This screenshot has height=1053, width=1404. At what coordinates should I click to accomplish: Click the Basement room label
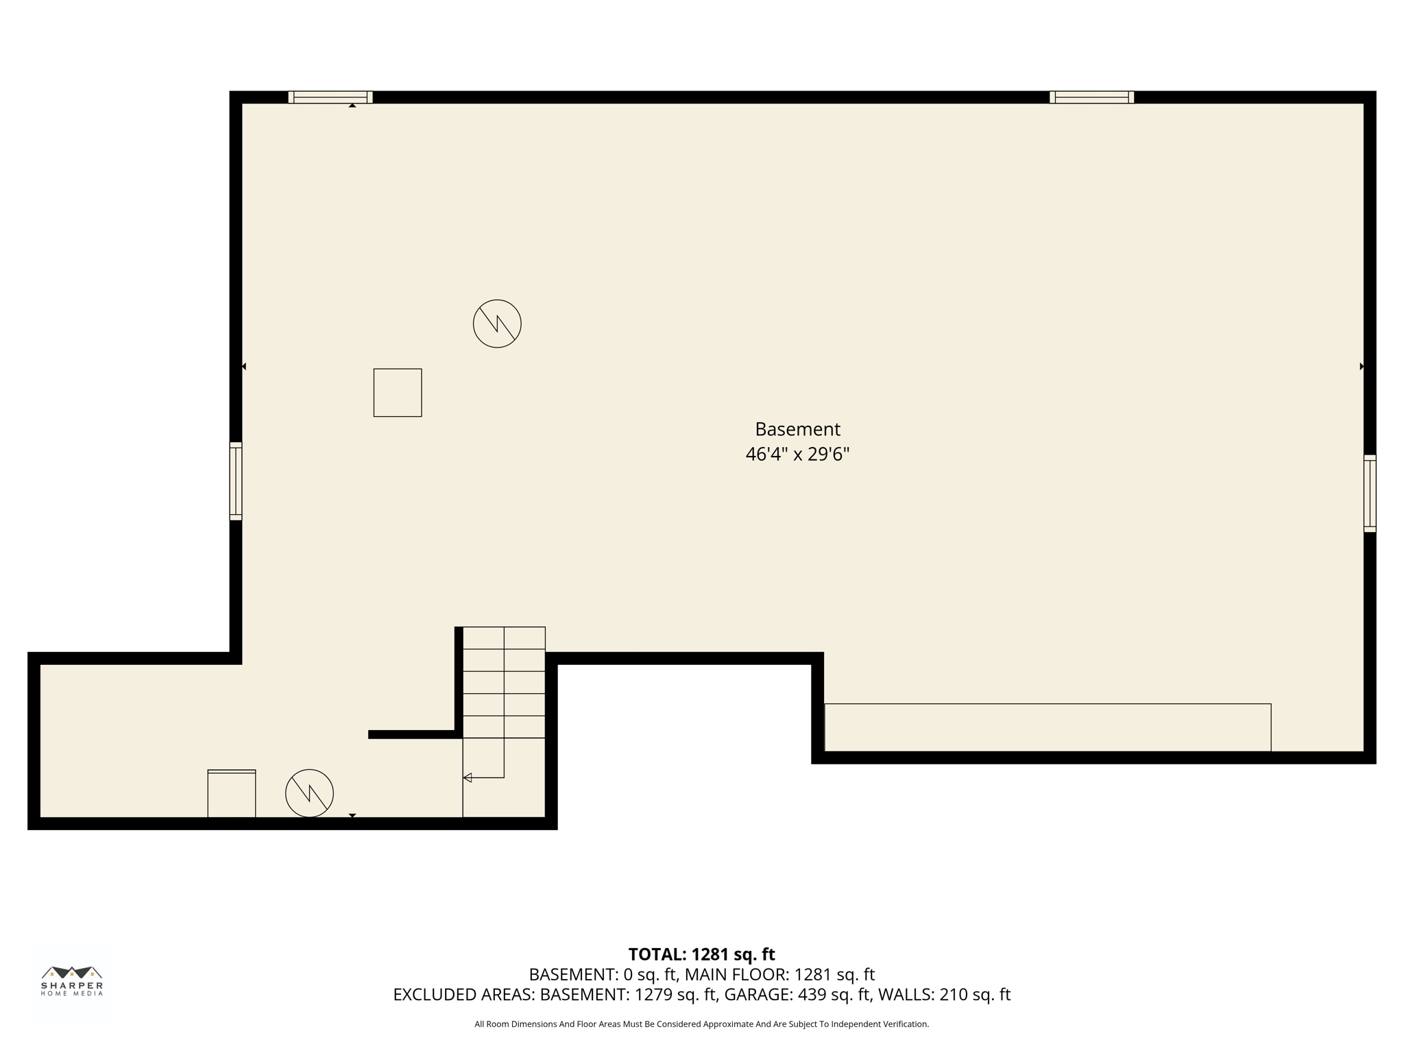tap(797, 429)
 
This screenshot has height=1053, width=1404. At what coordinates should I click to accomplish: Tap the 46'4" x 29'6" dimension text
tap(797, 454)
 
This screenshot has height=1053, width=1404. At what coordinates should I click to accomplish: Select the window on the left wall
tap(236, 481)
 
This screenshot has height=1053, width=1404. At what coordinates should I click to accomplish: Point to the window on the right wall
tap(1369, 493)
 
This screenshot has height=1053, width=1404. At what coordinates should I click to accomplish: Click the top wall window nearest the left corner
tap(330, 97)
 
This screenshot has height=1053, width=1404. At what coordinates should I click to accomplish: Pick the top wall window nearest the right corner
tap(1091, 97)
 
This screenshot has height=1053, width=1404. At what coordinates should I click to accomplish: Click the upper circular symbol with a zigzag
tap(497, 324)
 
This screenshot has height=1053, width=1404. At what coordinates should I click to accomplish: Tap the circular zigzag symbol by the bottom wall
tap(309, 793)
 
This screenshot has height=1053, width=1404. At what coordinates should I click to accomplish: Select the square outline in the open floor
tap(398, 392)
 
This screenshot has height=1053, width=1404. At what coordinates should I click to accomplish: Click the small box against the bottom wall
tap(232, 793)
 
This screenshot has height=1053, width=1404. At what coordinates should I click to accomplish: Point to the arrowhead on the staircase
tap(468, 777)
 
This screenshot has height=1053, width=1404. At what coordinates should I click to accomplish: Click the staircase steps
tap(504, 682)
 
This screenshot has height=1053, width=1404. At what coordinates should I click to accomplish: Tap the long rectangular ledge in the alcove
tap(1047, 727)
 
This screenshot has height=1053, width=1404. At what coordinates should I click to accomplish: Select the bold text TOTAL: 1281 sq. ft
tap(701, 954)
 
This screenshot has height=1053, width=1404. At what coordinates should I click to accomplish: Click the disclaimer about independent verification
tap(701, 1024)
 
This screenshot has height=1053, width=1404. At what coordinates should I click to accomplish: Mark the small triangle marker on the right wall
tap(1361, 367)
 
